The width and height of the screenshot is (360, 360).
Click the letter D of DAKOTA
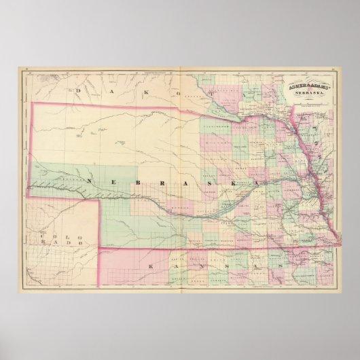click(x=79, y=89)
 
